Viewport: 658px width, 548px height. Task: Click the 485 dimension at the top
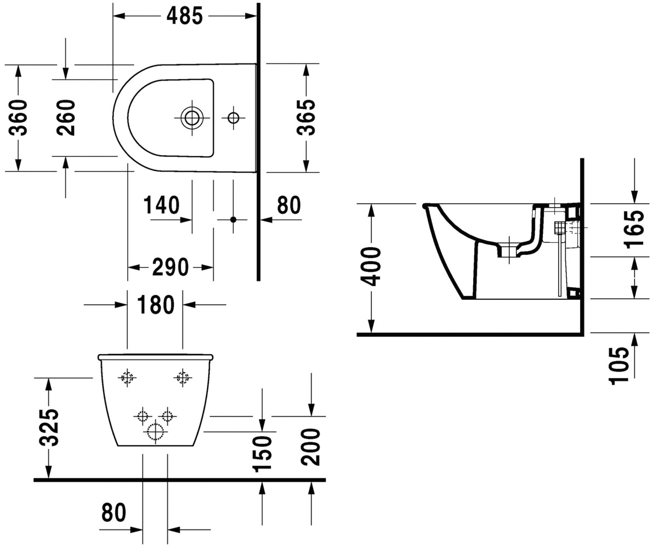click(185, 16)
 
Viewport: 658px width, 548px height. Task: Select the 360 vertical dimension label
click(18, 118)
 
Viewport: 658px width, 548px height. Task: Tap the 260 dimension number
click(66, 118)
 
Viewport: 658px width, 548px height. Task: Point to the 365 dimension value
click(306, 117)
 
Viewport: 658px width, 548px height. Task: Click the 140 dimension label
click(162, 205)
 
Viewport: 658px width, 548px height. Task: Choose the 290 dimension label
click(171, 267)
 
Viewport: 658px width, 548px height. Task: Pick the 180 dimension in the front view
click(156, 305)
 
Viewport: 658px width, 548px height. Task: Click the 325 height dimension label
click(49, 427)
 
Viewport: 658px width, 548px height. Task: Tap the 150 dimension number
click(262, 454)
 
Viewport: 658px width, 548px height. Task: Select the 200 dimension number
click(311, 447)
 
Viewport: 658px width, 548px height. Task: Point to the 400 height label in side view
click(371, 267)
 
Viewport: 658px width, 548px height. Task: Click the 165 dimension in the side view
click(634, 229)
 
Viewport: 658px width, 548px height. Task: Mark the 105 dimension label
click(619, 366)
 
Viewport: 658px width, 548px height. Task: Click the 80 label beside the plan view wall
click(289, 205)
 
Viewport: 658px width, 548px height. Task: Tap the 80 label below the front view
click(114, 512)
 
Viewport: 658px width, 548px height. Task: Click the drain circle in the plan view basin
click(192, 118)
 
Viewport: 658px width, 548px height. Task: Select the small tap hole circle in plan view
click(233, 118)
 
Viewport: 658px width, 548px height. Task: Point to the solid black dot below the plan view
click(233, 220)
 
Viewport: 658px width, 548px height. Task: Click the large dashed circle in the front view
click(155, 431)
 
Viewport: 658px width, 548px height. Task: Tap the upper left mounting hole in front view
click(127, 377)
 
